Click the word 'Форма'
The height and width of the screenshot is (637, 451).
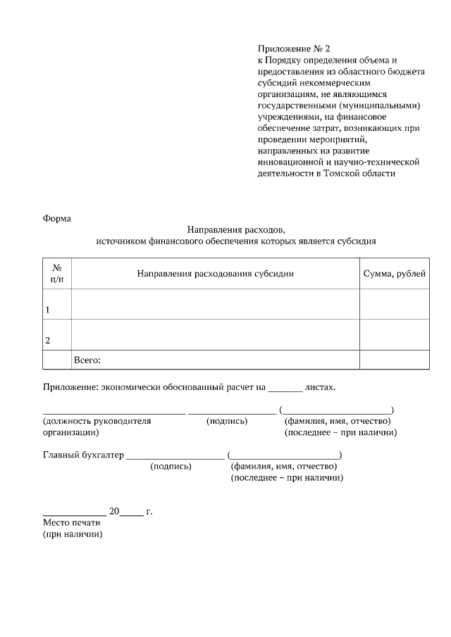coord(57,217)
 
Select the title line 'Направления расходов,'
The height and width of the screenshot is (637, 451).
coord(236,229)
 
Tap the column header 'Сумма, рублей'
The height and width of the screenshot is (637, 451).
coord(394,274)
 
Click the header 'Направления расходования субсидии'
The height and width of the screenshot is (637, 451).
coord(215,274)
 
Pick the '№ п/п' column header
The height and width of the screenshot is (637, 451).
coord(57,274)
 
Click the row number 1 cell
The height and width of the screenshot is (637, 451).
coord(57,304)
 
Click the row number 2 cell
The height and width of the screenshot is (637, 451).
coord(57,334)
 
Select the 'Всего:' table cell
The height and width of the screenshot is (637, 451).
coord(215,360)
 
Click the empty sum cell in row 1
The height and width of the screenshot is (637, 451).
coord(394,304)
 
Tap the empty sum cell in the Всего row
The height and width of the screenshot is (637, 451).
coord(394,360)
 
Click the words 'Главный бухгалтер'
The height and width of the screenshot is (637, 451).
coord(83,455)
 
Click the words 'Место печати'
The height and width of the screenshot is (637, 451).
coord(72,523)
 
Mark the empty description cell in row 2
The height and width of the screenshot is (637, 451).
coord(215,334)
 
